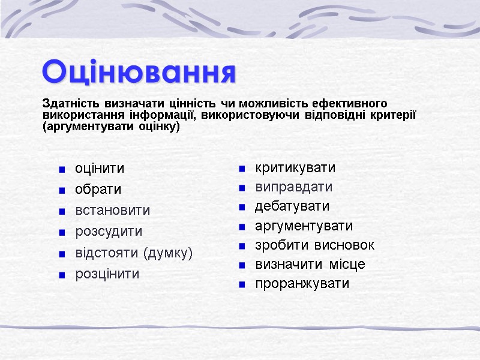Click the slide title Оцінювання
tap(139, 72)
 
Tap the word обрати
tap(98, 190)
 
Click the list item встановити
tap(112, 211)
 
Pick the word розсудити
tap(108, 232)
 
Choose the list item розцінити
tap(107, 274)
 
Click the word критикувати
tap(295, 167)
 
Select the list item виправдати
tap(293, 187)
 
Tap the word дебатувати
tap(292, 206)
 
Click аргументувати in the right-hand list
tap(304, 226)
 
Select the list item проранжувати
tap(302, 284)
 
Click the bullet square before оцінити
tap(62, 170)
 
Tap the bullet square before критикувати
tap(242, 169)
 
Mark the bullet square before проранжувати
tap(242, 285)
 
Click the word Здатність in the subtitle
tap(67, 103)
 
